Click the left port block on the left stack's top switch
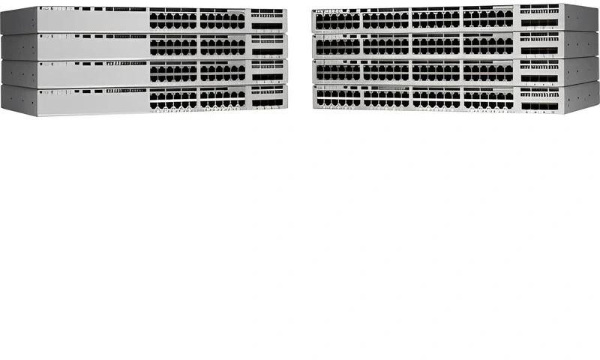[172, 19]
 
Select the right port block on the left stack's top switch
[223, 19]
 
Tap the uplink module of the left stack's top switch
[268, 19]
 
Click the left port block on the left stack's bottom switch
[172, 99]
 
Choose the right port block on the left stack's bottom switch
[223, 99]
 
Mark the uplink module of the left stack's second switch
[268, 46]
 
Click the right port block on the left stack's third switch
[223, 73]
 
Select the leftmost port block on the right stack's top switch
[337, 19]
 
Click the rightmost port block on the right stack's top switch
[487, 17]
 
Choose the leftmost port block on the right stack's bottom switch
[338, 98]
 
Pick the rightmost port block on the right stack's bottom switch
[487, 99]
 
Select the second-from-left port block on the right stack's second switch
[385, 46]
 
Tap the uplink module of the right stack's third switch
[540, 73]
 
